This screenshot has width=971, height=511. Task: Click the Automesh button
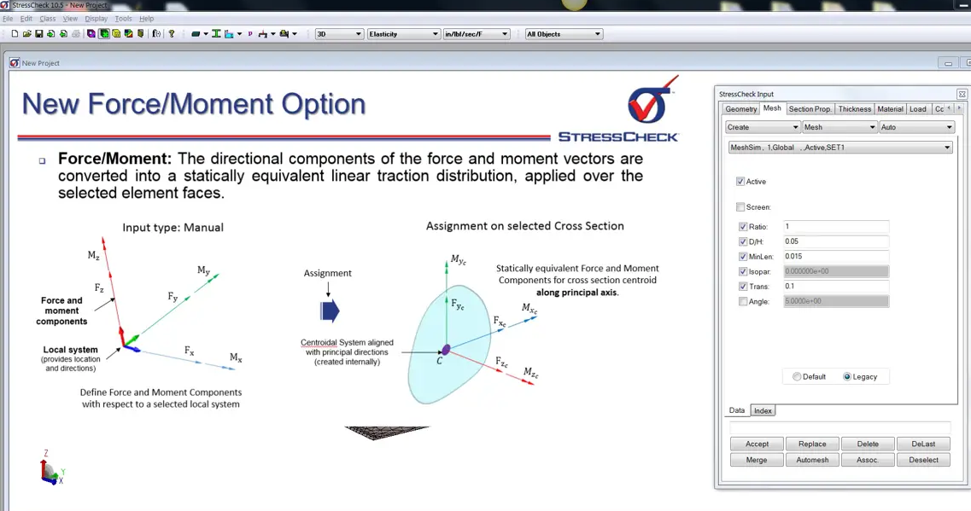click(812, 461)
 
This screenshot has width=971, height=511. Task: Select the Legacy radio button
click(847, 377)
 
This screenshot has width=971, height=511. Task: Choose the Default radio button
click(797, 377)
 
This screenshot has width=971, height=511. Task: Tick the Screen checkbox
click(740, 207)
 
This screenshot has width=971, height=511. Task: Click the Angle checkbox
click(743, 302)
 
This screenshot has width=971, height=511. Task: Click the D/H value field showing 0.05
click(836, 242)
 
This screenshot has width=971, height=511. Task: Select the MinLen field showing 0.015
click(836, 257)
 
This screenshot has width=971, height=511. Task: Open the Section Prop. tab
click(810, 109)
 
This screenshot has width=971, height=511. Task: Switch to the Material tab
click(890, 109)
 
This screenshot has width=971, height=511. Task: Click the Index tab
click(763, 411)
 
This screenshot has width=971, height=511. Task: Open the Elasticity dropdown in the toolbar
click(403, 34)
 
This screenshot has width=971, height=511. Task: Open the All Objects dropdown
click(564, 34)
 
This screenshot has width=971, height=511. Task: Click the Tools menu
click(123, 19)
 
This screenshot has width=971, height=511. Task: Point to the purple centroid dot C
click(446, 350)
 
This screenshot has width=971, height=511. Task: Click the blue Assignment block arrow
click(330, 311)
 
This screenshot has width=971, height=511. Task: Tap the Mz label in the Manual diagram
click(93, 256)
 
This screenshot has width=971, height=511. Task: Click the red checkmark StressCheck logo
click(652, 100)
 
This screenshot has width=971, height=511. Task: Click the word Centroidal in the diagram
click(324, 343)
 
